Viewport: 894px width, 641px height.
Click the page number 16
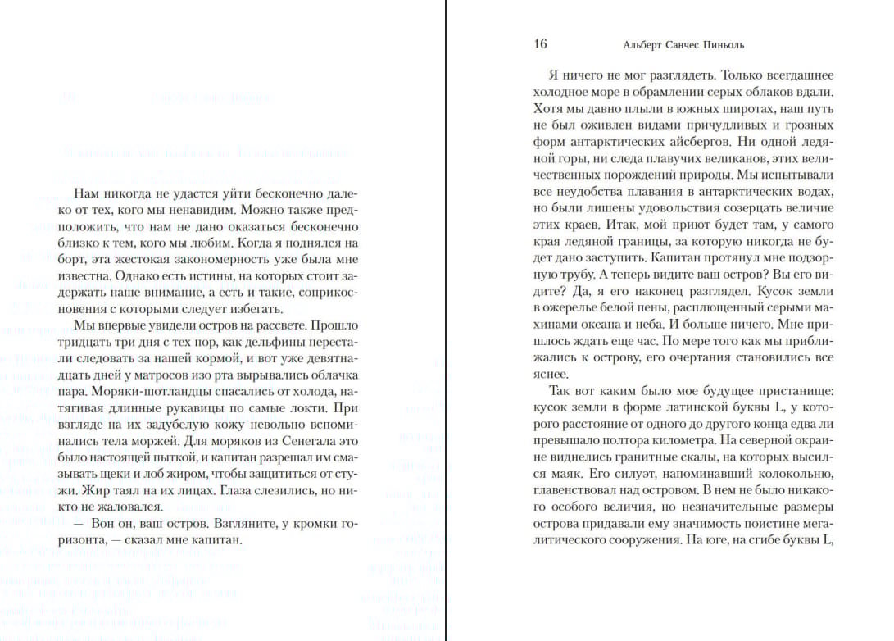click(x=540, y=44)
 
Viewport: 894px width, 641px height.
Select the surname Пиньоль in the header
click(x=722, y=45)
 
